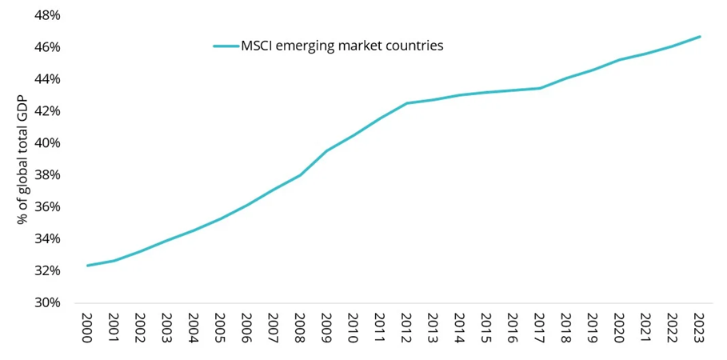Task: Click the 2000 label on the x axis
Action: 87,328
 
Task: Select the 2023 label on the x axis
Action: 698,328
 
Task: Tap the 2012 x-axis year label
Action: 406,328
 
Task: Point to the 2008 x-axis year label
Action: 300,328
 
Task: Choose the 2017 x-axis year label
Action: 539,328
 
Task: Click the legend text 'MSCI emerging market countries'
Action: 342,46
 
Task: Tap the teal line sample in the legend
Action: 226,46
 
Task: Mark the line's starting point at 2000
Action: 87,265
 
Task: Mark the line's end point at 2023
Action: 700,37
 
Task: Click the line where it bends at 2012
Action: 406,103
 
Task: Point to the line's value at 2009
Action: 326,150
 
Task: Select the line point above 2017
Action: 539,88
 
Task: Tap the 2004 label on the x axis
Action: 194,328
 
